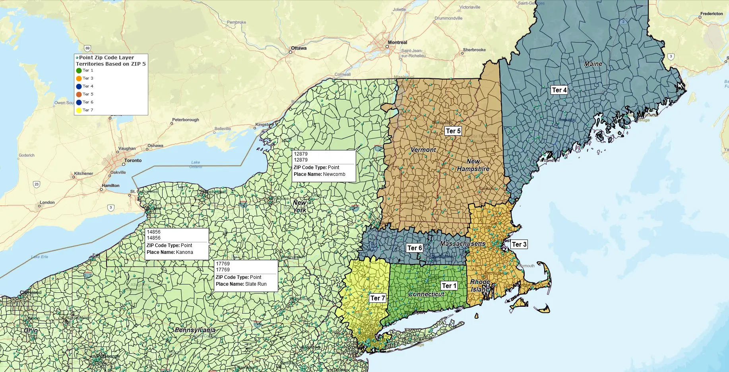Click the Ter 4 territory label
[x=559, y=90]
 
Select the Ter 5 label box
[x=453, y=131]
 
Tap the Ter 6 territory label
[x=415, y=248]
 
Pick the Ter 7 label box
[x=377, y=298]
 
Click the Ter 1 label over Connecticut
[x=449, y=286]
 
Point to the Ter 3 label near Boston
[x=519, y=244]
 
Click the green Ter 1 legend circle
[x=79, y=70]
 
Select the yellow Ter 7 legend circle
[x=79, y=110]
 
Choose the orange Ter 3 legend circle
[x=79, y=78]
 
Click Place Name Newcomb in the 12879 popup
[x=320, y=174]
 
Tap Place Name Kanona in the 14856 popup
[x=170, y=252]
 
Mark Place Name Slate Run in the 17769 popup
[x=241, y=284]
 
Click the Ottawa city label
[x=299, y=48]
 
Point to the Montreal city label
[x=397, y=43]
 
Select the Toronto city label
[x=133, y=160]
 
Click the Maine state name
[x=593, y=64]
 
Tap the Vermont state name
[x=423, y=150]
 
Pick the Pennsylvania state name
[x=195, y=330]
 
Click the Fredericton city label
[x=712, y=14]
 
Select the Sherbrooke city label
[x=474, y=50]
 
